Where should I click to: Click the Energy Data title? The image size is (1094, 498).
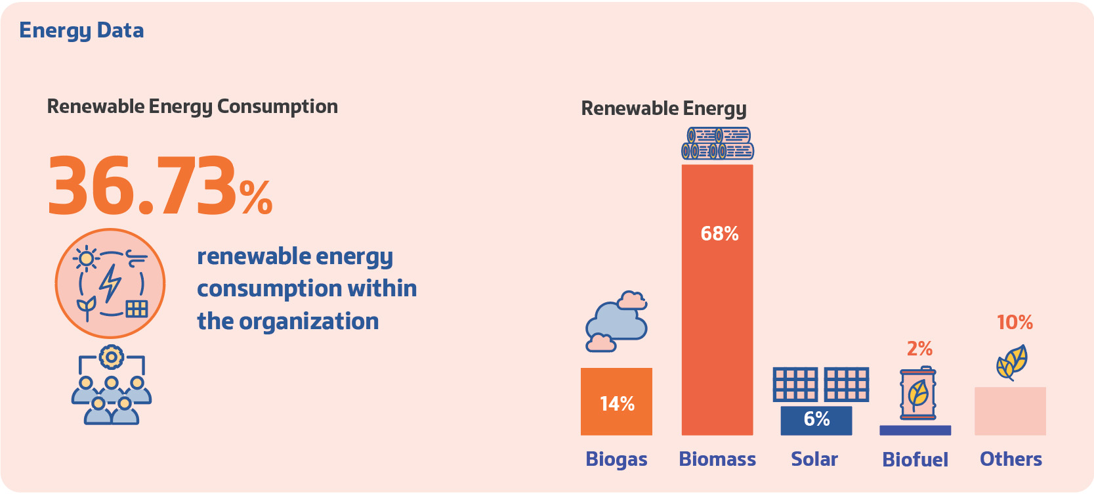(81, 31)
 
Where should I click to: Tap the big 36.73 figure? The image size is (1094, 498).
(142, 186)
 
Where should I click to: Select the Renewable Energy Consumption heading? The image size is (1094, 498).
(192, 106)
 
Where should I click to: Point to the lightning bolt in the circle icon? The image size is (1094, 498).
(110, 283)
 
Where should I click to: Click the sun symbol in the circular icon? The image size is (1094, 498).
(86, 258)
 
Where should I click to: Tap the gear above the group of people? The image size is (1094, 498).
(112, 357)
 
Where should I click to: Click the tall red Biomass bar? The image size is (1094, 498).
(717, 315)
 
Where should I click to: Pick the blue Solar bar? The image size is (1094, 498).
(816, 420)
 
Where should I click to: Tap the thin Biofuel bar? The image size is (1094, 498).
(915, 430)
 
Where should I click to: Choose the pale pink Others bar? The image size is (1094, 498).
(1010, 411)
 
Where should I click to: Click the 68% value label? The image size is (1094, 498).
(719, 234)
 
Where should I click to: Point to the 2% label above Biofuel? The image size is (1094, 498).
(919, 349)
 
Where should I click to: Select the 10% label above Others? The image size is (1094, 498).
(1015, 323)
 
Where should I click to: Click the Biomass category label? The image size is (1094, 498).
(717, 459)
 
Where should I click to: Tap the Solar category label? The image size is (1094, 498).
(814, 459)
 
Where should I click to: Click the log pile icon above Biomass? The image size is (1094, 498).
(717, 144)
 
